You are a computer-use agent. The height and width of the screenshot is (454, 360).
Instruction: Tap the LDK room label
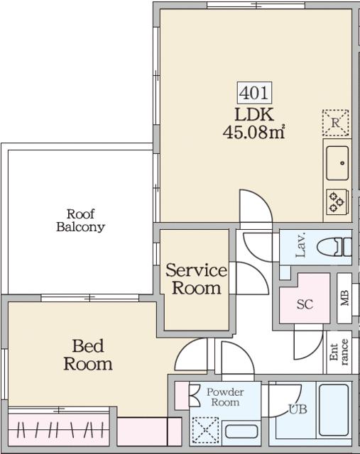click(x=253, y=113)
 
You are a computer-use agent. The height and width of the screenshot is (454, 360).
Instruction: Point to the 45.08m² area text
click(x=254, y=132)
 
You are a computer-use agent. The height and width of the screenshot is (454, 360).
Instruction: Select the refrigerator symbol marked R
click(x=335, y=122)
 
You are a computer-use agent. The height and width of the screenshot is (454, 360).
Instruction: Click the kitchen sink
click(x=337, y=162)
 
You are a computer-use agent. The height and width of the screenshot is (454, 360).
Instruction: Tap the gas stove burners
click(x=337, y=202)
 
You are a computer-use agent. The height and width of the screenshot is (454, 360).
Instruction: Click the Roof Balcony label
click(x=80, y=221)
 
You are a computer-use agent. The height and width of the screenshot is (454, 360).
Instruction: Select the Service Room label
click(x=196, y=279)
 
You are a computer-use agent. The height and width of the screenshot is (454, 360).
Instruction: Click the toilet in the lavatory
click(x=333, y=247)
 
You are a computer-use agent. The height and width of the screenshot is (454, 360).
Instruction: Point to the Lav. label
click(x=300, y=245)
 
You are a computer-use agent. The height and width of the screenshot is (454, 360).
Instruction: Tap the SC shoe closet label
click(x=305, y=304)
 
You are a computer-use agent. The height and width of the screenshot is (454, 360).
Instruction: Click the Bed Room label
click(x=88, y=355)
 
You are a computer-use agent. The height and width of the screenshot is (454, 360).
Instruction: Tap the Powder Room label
click(x=224, y=397)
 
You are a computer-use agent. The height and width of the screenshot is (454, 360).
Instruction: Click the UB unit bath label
click(x=297, y=409)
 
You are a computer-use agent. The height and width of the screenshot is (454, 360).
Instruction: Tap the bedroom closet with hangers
click(x=60, y=429)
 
